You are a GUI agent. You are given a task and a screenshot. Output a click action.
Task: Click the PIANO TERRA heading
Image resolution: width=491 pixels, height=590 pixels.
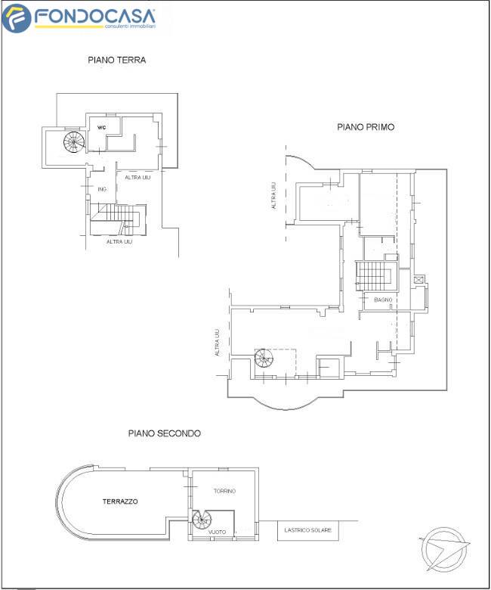pyautogui.click(x=117, y=61)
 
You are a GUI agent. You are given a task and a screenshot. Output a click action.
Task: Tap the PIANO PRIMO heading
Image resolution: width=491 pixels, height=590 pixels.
pyautogui.click(x=366, y=127)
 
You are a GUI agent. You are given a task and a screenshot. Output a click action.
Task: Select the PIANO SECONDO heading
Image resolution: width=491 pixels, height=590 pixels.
pyautogui.click(x=164, y=433)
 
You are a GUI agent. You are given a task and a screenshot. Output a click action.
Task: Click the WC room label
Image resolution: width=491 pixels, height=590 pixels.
pyautogui.click(x=101, y=128)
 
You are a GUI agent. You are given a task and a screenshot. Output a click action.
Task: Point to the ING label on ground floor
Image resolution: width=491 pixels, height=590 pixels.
pyautogui.click(x=102, y=189)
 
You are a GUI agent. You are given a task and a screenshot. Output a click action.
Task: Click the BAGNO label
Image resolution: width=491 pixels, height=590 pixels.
pyautogui.click(x=383, y=300)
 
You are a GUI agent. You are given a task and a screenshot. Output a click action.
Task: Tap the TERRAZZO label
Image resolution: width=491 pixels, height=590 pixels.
pyautogui.click(x=120, y=501)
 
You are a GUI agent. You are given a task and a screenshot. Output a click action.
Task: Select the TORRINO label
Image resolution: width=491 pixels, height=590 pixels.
pyautogui.click(x=224, y=491)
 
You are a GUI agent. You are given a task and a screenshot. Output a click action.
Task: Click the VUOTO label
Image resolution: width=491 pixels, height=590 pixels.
pyautogui.click(x=217, y=532)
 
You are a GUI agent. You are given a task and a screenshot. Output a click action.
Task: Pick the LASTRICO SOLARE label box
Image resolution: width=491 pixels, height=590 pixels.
pyautogui.click(x=308, y=530)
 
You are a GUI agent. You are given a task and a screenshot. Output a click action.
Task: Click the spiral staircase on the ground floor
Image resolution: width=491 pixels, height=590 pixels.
pyautogui.click(x=74, y=142)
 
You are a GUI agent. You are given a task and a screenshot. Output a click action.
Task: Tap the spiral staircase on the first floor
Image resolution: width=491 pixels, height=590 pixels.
pyautogui.click(x=264, y=359)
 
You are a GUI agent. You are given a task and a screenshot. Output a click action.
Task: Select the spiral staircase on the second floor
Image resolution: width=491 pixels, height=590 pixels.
pyautogui.click(x=202, y=520)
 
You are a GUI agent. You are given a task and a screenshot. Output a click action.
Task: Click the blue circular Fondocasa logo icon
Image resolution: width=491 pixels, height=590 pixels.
pyautogui.click(x=17, y=18)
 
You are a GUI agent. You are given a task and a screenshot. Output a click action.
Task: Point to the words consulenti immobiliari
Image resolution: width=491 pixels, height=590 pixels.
pyautogui.click(x=130, y=26)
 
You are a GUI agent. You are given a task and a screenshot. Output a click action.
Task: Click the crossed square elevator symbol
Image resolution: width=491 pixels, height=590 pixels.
pyautogui.click(x=418, y=280)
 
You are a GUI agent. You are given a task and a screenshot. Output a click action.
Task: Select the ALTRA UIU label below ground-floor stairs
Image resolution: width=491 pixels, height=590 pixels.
pyautogui.click(x=119, y=241)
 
